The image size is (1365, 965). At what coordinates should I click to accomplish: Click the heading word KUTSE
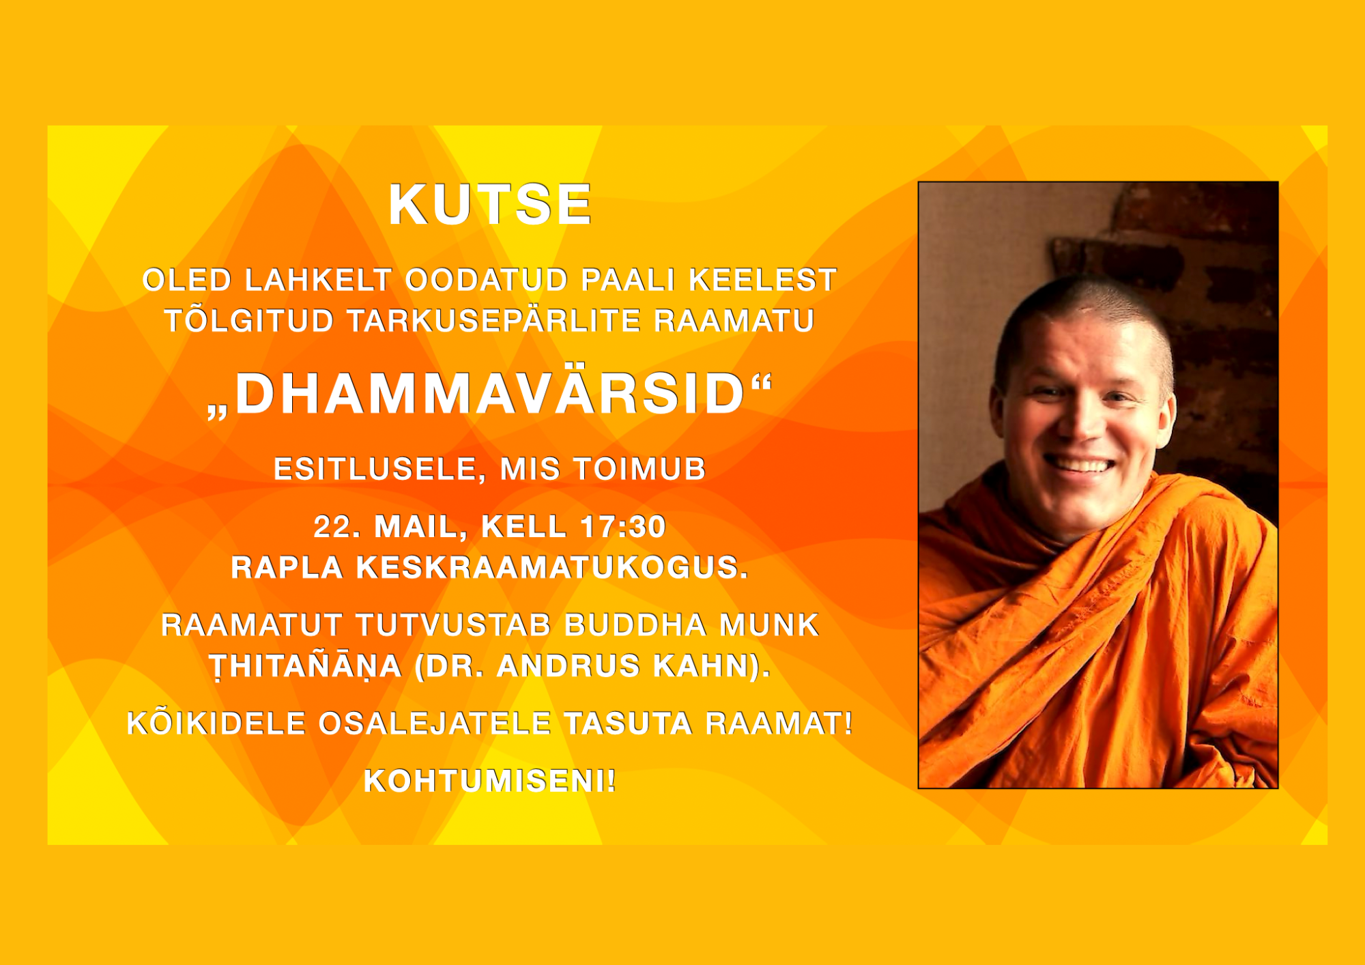click(490, 204)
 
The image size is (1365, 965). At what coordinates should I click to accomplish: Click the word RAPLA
click(287, 568)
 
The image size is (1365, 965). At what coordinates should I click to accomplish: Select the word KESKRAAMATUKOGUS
click(551, 568)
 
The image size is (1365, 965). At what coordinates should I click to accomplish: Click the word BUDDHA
click(635, 625)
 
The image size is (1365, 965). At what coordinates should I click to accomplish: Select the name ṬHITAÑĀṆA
click(305, 666)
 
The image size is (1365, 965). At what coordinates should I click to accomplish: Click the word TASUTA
click(628, 724)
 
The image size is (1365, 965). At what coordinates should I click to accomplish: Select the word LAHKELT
click(318, 280)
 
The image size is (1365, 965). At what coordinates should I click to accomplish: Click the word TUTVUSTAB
click(453, 625)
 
